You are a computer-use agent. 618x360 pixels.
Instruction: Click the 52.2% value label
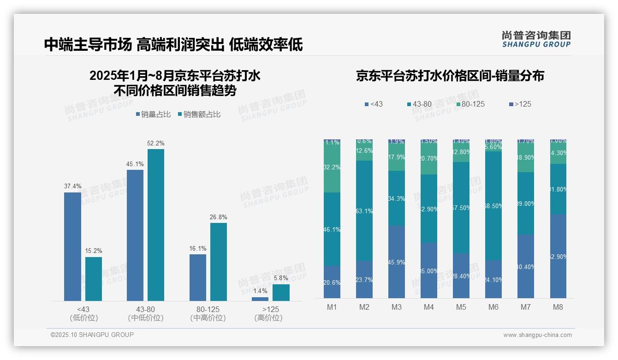click(x=156, y=144)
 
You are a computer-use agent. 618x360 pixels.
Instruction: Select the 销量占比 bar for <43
click(x=72, y=246)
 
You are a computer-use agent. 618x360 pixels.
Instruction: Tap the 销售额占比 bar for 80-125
click(x=219, y=262)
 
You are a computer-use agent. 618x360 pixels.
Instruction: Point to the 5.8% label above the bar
click(x=281, y=278)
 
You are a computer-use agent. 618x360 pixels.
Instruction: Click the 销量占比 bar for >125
click(x=260, y=299)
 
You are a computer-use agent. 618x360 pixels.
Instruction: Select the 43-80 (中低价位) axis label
click(x=146, y=313)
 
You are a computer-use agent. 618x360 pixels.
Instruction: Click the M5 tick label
click(x=461, y=307)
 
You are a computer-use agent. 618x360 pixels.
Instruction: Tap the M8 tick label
click(x=558, y=307)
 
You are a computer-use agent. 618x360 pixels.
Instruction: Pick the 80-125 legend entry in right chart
click(x=470, y=104)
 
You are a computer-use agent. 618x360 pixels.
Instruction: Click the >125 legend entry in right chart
click(x=520, y=104)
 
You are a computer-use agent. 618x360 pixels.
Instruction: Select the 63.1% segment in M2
click(x=364, y=210)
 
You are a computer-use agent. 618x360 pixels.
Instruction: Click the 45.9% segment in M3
click(x=397, y=262)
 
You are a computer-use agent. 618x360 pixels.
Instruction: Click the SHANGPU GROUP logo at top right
click(x=536, y=39)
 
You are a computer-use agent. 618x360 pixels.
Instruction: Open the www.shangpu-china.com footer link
click(x=537, y=335)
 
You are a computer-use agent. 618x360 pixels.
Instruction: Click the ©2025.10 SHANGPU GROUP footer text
click(x=92, y=335)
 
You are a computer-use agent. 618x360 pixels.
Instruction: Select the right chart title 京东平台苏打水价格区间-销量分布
click(x=450, y=76)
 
